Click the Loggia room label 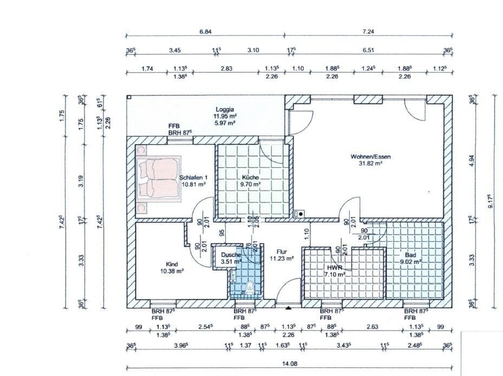pyautogui.click(x=225, y=109)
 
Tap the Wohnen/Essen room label pyautogui.click(x=370, y=157)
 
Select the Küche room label pyautogui.click(x=250, y=177)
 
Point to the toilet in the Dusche pyautogui.click(x=250, y=288)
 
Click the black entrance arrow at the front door pyautogui.click(x=289, y=308)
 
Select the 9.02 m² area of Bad pyautogui.click(x=410, y=261)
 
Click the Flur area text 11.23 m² pyautogui.click(x=282, y=259)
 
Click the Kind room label pyautogui.click(x=172, y=264)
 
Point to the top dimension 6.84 pyautogui.click(x=205, y=32)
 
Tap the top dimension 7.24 pyautogui.click(x=368, y=32)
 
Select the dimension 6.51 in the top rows pyautogui.click(x=368, y=50)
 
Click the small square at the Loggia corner pyautogui.click(x=129, y=97)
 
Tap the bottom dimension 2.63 pyautogui.click(x=372, y=327)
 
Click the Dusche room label pyautogui.click(x=231, y=255)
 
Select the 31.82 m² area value pyautogui.click(x=370, y=163)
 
